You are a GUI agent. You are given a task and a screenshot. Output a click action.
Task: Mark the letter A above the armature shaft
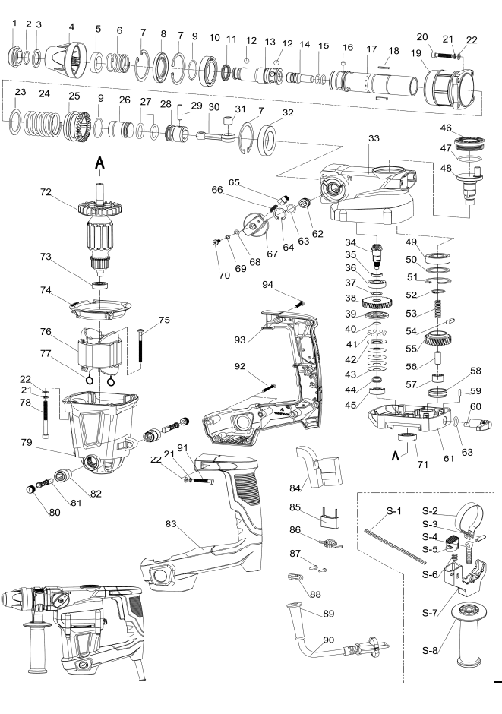coord(99,162)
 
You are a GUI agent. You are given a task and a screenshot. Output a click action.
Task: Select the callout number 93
coord(239,338)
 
